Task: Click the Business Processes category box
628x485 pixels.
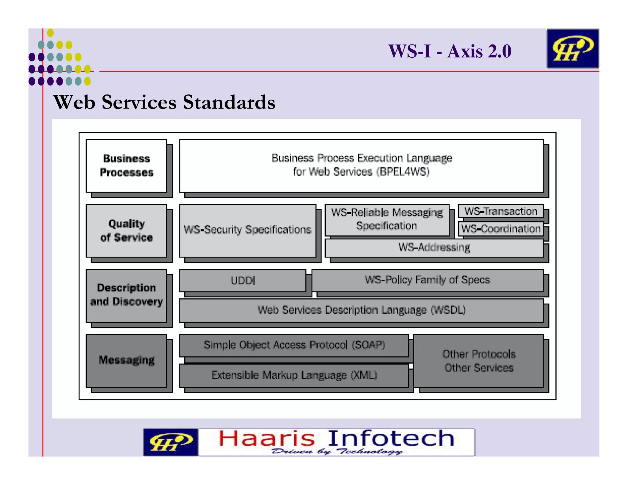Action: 126,166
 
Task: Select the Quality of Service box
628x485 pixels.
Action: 126,231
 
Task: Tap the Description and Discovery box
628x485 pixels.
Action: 126,295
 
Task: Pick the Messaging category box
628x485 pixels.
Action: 126,360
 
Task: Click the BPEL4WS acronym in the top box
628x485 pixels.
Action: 403,172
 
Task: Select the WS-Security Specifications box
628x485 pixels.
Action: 247,230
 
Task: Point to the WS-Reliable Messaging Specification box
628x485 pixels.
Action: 387,220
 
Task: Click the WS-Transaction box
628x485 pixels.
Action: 500,212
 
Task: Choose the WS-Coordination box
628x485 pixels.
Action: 500,229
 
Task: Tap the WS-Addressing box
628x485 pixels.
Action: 434,248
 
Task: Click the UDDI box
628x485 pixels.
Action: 243,281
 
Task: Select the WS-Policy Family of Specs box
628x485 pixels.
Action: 427,280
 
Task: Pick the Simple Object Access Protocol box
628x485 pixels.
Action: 294,346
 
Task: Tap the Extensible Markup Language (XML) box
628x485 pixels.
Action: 294,375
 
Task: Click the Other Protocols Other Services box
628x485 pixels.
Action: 478,361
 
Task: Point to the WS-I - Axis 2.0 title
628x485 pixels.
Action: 450,51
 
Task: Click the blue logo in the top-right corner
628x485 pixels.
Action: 572,49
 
